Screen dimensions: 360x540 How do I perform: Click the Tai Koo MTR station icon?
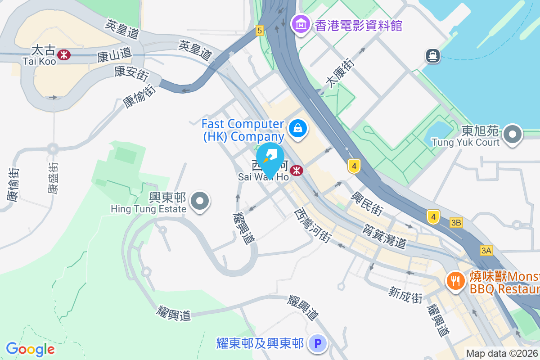[64, 54]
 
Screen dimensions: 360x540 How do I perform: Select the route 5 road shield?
[259, 31]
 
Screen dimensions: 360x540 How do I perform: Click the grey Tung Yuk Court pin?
[513, 135]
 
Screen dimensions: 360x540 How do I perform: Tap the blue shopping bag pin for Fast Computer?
[297, 128]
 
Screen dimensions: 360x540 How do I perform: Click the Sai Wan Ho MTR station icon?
[296, 171]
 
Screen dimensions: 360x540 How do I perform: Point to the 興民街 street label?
[367, 203]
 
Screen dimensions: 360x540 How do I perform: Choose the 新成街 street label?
[406, 295]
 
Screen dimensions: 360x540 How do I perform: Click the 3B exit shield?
[456, 223]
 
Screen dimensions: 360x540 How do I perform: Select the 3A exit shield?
[486, 251]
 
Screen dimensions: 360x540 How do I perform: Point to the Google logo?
[30, 349]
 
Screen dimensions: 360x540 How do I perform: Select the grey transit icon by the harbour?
[433, 56]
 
